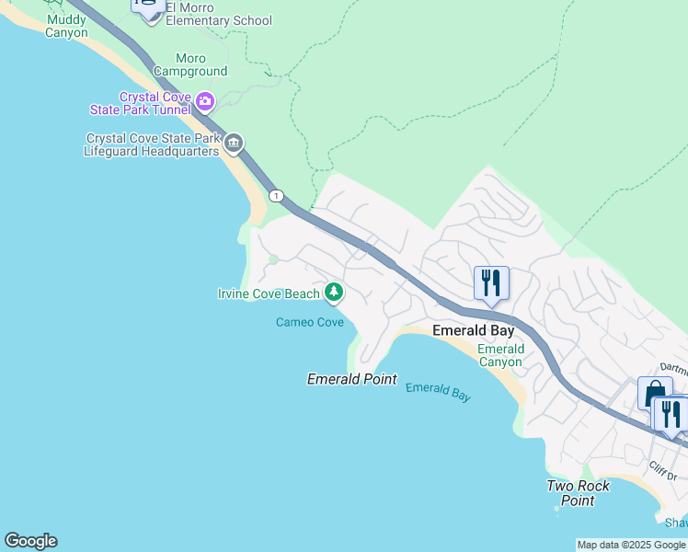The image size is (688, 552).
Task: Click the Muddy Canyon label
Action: coord(66,26)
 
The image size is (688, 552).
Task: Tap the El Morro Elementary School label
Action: coord(219,20)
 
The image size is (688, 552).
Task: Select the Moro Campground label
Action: coord(190,64)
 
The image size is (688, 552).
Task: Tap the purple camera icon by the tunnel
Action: coord(204,100)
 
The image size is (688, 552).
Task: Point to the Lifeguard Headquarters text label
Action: coord(153,144)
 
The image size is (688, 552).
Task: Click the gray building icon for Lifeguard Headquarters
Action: coord(234,143)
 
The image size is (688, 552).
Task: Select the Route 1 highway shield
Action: coord(276,196)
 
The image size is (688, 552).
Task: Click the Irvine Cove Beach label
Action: coord(269,293)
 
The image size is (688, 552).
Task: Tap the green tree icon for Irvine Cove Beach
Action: coord(334,293)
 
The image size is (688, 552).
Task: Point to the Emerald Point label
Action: coord(351,379)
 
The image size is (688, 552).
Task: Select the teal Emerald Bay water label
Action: coord(438,391)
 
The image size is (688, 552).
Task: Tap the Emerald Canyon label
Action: coord(500,355)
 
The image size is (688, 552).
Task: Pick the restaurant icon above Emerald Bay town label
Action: coord(491,282)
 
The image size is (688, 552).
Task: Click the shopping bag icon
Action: coord(654,393)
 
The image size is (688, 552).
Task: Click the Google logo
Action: coord(30,541)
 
